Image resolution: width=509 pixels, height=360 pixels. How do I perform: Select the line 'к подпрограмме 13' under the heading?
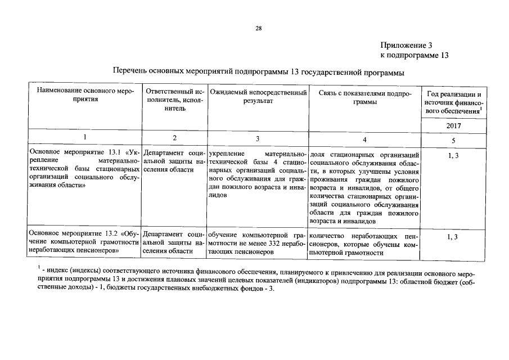[x=415, y=55]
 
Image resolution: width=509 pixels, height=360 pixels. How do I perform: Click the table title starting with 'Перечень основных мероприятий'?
[x=258, y=73]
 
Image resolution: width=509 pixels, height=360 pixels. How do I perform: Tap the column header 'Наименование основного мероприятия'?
[x=85, y=96]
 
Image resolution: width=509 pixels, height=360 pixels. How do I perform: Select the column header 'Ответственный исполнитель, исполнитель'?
[x=174, y=100]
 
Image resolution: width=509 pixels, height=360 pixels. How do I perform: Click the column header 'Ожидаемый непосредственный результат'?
[x=258, y=96]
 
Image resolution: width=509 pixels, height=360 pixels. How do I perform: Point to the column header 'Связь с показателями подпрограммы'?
[x=365, y=96]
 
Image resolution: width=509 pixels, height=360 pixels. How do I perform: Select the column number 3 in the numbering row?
[x=258, y=138]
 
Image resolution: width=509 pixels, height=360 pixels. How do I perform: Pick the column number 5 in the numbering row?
[x=453, y=140]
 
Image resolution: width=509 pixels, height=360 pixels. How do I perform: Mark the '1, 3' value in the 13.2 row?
[x=453, y=237]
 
